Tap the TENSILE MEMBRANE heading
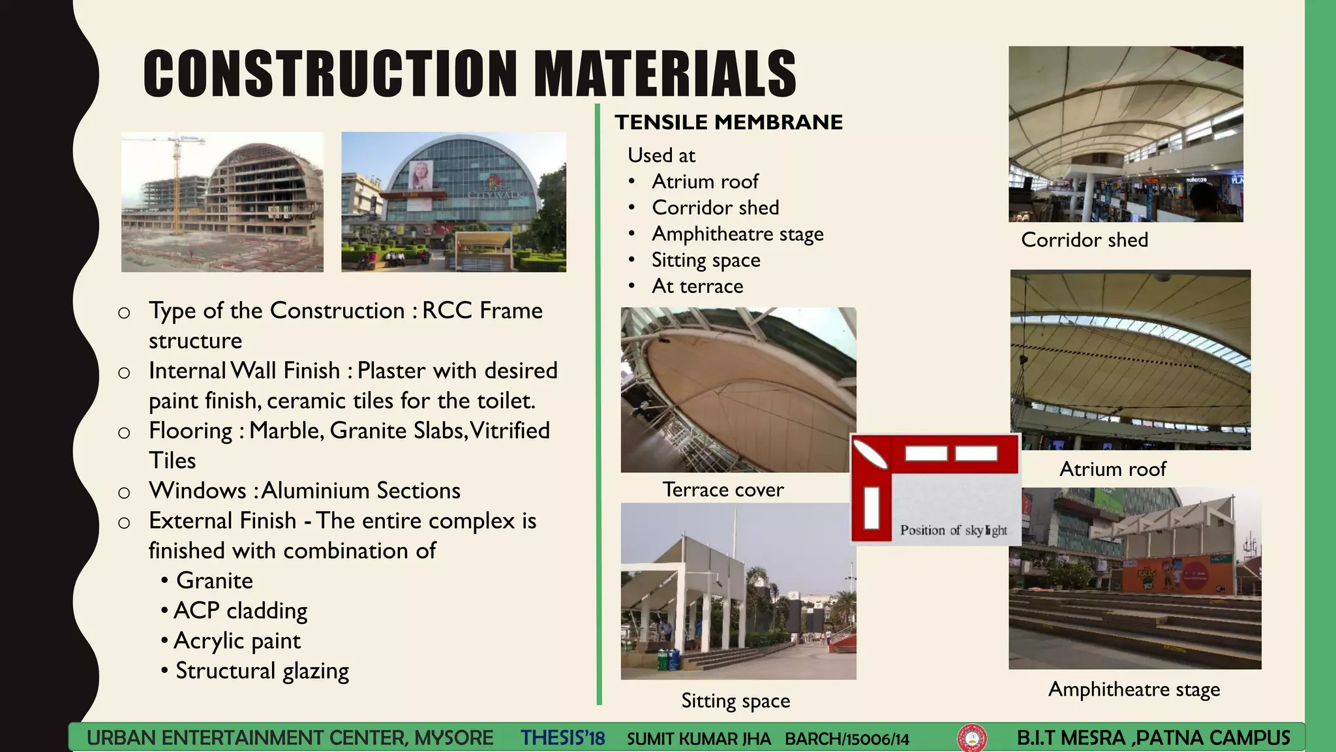click(x=729, y=122)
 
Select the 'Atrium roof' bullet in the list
click(x=705, y=181)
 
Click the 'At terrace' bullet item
click(x=697, y=286)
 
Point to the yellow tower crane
click(x=176, y=176)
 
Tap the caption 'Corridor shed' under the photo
click(x=1084, y=240)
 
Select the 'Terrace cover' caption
click(x=723, y=490)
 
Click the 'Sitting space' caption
click(x=735, y=700)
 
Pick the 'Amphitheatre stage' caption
click(x=1134, y=689)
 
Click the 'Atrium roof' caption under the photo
click(x=1112, y=469)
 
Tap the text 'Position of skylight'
click(x=953, y=530)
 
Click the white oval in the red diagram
click(x=870, y=454)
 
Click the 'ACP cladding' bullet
click(x=240, y=610)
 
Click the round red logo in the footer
click(x=971, y=738)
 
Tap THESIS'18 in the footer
click(x=562, y=738)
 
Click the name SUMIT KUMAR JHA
click(x=699, y=739)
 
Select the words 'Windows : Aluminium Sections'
click(x=304, y=490)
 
